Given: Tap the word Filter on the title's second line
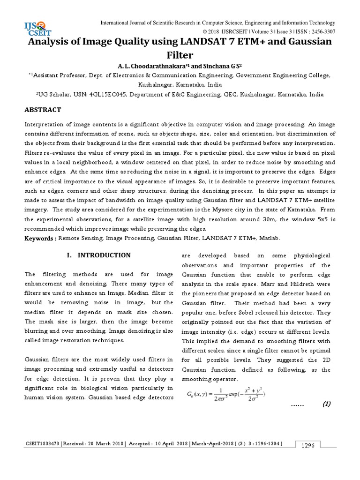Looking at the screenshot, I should tap(180, 56).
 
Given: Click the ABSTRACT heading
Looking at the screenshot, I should tap(43, 110).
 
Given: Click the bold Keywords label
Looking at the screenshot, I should tap(40, 239).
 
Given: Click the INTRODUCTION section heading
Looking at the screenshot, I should tap(104, 255).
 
